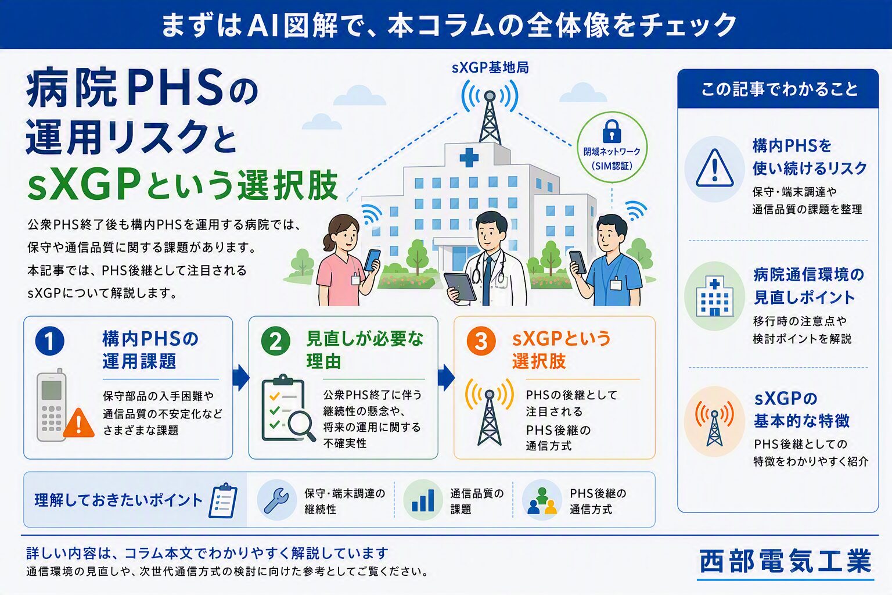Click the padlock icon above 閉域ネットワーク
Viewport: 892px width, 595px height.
pos(612,131)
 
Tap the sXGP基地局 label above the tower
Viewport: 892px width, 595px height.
pos(490,68)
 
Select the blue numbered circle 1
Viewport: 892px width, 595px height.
pos(50,341)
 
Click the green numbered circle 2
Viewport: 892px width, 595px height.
pos(276,341)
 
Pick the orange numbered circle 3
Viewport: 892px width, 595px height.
pos(481,341)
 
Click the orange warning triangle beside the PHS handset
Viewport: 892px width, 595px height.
pos(79,423)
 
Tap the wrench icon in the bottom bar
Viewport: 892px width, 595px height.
pos(276,500)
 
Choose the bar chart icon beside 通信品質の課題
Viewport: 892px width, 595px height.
pos(423,500)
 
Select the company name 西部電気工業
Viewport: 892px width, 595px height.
pos(786,561)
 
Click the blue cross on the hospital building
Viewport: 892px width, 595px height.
pos(469,157)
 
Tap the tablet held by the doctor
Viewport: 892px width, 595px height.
pos(461,286)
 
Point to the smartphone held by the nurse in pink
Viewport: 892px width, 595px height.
pos(372,260)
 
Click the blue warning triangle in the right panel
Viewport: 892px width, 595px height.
pos(715,168)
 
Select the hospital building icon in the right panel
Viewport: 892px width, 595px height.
pos(715,296)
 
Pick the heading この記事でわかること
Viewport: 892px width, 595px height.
pos(779,89)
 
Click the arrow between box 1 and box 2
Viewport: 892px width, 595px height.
pos(240,377)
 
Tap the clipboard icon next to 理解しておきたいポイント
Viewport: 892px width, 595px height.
pos(223,500)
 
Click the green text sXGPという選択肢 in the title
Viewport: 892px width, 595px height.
pos(182,185)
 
